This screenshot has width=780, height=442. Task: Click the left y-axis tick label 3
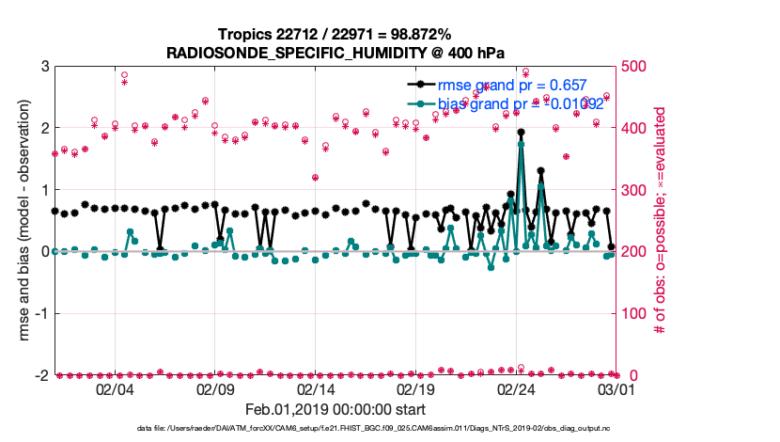click(x=44, y=67)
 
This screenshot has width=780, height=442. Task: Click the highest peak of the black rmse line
click(x=521, y=133)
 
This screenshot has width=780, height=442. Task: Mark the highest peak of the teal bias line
click(x=521, y=144)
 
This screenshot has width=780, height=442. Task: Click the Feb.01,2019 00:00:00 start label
click(x=335, y=410)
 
